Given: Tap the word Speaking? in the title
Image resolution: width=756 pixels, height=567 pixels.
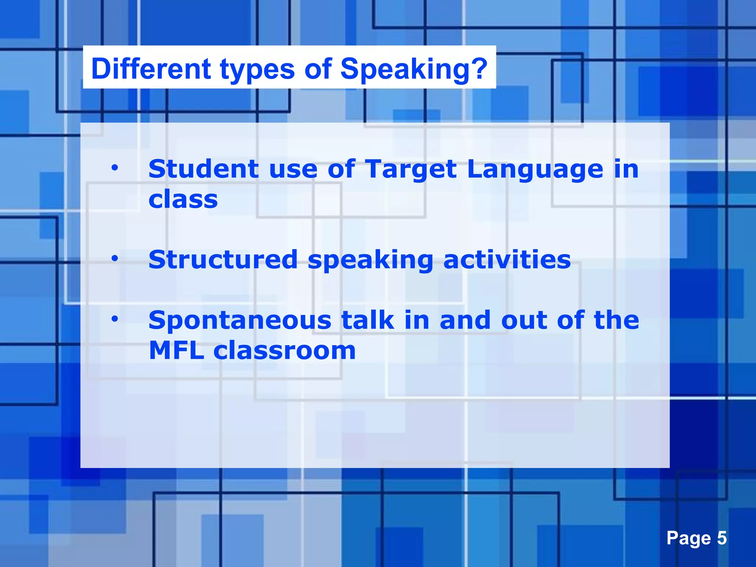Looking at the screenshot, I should click(414, 69).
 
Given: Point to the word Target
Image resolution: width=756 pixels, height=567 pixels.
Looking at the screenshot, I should click(411, 170).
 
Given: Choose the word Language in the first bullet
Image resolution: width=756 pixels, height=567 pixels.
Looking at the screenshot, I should click(535, 170).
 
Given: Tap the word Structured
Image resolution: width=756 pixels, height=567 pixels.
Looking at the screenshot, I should click(223, 260).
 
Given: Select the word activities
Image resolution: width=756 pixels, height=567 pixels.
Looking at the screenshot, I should click(507, 260).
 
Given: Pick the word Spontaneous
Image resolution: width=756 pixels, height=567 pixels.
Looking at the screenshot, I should click(240, 320).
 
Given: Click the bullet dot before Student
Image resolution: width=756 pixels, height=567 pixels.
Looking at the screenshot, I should click(115, 168).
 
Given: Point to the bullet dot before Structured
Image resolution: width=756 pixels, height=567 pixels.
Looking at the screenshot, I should click(115, 258).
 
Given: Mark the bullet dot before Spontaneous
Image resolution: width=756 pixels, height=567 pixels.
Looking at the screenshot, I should click(115, 318).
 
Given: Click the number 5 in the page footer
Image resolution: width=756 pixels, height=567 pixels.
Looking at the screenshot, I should click(722, 538).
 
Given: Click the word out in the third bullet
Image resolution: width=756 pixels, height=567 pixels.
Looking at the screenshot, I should click(524, 320).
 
